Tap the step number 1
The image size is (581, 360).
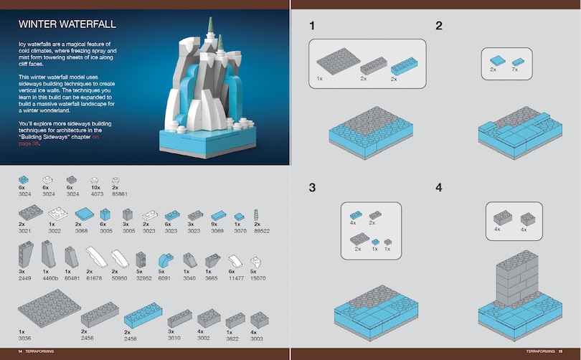(x=312, y=26)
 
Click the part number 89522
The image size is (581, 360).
(x=262, y=231)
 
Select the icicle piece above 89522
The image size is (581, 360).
(x=258, y=214)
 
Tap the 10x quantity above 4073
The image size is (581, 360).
(x=93, y=186)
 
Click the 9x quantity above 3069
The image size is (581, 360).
(x=215, y=224)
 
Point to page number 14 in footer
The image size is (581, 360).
(x=10, y=352)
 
